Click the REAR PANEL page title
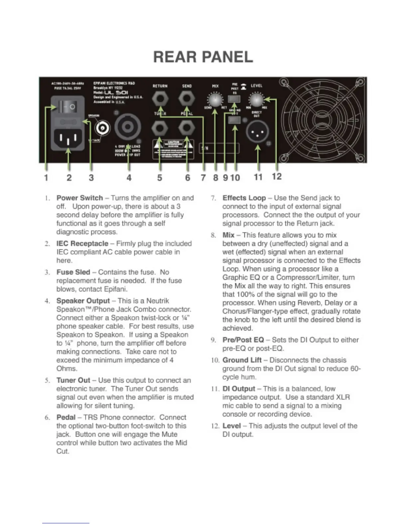pyautogui.click(x=203, y=57)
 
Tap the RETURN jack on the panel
pyautogui.click(x=160, y=99)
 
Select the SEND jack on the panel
pyautogui.click(x=187, y=99)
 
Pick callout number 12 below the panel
pyautogui.click(x=277, y=176)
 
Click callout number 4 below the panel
pyautogui.click(x=129, y=178)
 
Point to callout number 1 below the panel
pyautogui.click(x=46, y=178)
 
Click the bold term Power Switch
pyautogui.click(x=79, y=198)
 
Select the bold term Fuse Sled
pyautogui.click(x=73, y=272)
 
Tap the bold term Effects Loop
pyautogui.click(x=244, y=198)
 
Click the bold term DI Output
pyautogui.click(x=239, y=389)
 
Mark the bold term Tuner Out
pyautogui.click(x=73, y=380)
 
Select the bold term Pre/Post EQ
pyautogui.click(x=243, y=340)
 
